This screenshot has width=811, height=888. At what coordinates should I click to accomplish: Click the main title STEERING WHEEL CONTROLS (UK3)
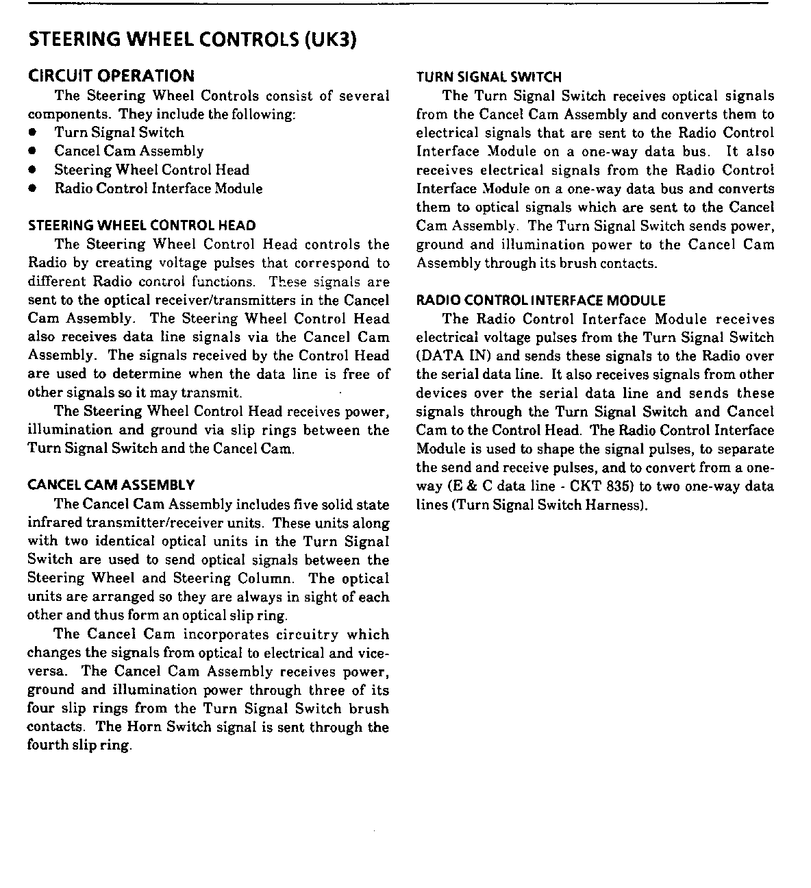pyautogui.click(x=193, y=40)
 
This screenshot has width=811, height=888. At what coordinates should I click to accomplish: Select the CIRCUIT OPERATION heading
pyautogui.click(x=111, y=75)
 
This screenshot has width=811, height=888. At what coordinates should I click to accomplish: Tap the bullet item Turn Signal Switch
pyautogui.click(x=119, y=132)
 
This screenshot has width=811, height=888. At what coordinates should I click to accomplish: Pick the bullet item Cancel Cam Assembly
pyautogui.click(x=129, y=151)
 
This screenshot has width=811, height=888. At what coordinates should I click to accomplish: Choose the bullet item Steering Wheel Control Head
pyautogui.click(x=151, y=169)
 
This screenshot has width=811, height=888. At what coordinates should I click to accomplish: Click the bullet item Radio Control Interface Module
pyautogui.click(x=158, y=188)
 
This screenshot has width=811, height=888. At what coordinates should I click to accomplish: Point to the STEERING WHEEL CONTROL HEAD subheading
pyautogui.click(x=142, y=225)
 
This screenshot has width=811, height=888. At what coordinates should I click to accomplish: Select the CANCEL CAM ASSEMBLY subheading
pyautogui.click(x=111, y=485)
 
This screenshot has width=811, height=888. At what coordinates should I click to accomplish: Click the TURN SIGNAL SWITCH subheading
pyautogui.click(x=488, y=77)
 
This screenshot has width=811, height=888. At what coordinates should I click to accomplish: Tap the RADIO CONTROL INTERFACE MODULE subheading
pyautogui.click(x=540, y=300)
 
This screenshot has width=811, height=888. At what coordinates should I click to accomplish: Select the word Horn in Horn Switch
pyautogui.click(x=142, y=727)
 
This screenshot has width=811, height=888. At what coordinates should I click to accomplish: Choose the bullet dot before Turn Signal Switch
pyautogui.click(x=32, y=133)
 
